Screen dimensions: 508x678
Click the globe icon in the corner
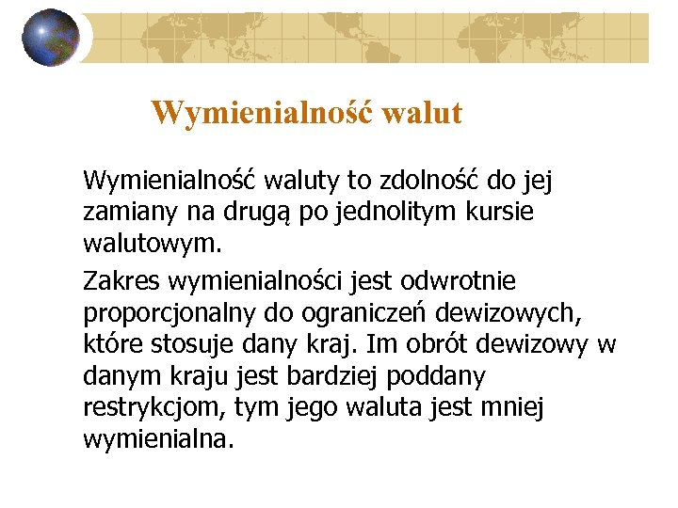pyautogui.click(x=50, y=38)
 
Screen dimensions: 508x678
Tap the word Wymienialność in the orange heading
pyautogui.click(x=260, y=114)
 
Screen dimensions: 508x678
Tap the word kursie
pyautogui.click(x=499, y=214)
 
